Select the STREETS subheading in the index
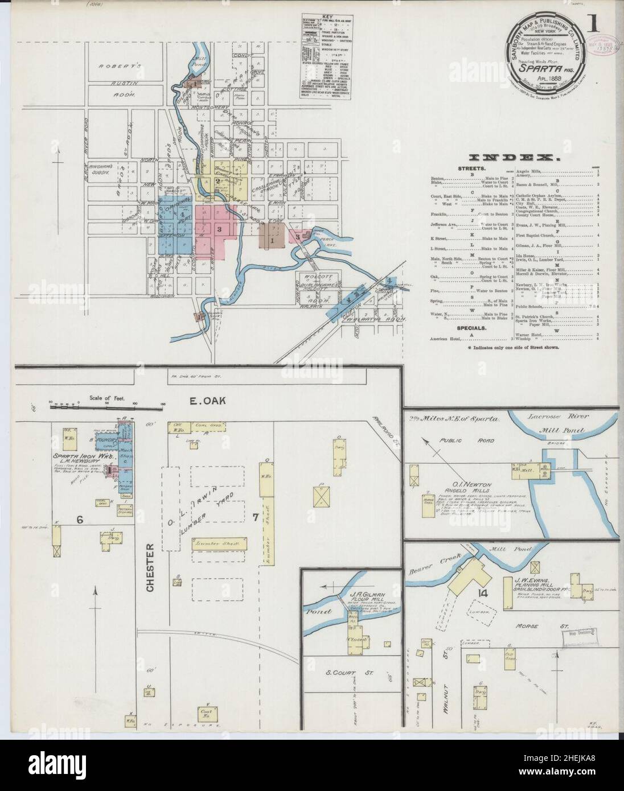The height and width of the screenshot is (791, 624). pos(470,169)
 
